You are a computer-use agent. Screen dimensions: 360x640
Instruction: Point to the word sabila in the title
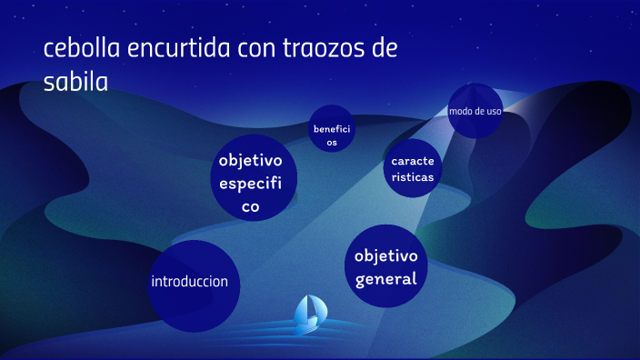click(x=75, y=82)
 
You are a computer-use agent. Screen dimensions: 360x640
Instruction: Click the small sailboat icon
click(x=308, y=312)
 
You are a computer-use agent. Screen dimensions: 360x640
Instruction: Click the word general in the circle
click(x=386, y=278)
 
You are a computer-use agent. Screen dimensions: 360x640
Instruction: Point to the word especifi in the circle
click(x=251, y=184)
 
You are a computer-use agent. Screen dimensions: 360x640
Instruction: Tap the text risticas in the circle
click(x=412, y=177)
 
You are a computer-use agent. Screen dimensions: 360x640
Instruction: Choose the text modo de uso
click(x=475, y=111)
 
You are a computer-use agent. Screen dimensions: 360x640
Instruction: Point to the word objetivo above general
click(x=386, y=255)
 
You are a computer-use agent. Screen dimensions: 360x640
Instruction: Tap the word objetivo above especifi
click(x=251, y=161)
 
